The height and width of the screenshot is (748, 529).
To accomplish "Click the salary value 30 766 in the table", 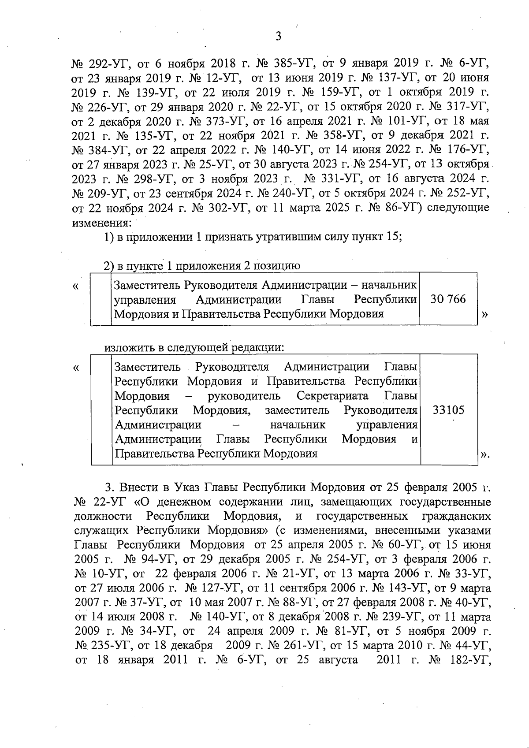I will coord(448,299).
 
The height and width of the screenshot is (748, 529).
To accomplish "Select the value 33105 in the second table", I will coord(448,410).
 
